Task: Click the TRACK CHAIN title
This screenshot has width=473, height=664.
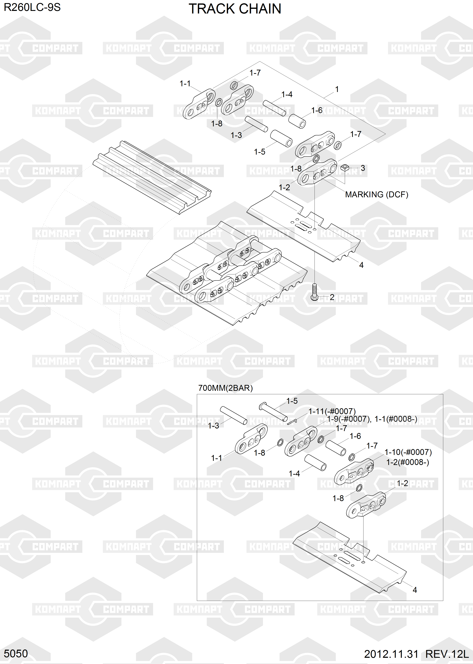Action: pos(235,9)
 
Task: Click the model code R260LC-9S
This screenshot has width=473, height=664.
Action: pos(32,7)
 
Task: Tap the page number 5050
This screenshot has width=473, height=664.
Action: pos(16,653)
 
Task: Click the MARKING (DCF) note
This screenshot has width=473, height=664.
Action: pos(377,195)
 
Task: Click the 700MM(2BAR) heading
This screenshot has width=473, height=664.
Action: pos(225,388)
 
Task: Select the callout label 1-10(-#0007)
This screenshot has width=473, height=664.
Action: pos(408,452)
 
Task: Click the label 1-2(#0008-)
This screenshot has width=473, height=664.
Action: pos(407,462)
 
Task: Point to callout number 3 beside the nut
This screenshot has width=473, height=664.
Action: pos(363,168)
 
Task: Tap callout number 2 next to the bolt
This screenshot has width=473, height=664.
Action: pos(332,297)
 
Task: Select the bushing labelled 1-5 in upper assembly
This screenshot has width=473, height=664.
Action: pos(281,138)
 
